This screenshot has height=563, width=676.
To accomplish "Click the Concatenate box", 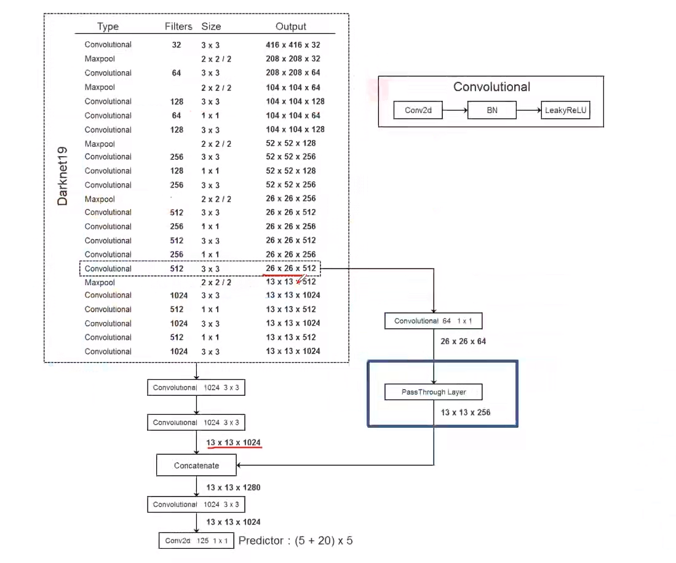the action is (196, 465).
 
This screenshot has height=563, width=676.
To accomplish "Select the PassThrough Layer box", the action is (433, 392).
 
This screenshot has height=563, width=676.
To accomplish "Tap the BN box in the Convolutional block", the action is (492, 110).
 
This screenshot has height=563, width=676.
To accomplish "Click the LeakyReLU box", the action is (565, 110).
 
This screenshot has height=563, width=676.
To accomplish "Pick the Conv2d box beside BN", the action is (418, 110).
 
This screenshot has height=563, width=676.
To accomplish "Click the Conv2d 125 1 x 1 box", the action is (196, 541).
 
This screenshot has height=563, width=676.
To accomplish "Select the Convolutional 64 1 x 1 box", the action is (433, 321).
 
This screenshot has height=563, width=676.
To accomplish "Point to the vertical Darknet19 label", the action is (63, 176).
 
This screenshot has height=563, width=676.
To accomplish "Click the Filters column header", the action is (178, 26).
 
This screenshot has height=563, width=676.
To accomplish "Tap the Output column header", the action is (291, 26).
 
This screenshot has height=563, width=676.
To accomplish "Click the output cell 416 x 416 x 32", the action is (293, 45).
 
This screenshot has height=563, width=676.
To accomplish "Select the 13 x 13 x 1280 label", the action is (233, 487).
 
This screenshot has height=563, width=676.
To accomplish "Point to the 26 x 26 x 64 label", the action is (463, 341).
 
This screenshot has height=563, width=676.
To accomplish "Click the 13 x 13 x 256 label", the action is (466, 412).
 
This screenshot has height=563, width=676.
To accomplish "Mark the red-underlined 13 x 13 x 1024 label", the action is (233, 443).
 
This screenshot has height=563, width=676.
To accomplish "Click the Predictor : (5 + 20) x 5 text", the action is (295, 541).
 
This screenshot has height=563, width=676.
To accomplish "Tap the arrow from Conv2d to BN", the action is (455, 110).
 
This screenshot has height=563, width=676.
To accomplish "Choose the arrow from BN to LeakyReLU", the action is (528, 110).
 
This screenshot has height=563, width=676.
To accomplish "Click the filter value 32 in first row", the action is (177, 45).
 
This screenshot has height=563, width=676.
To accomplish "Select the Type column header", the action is (108, 26).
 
